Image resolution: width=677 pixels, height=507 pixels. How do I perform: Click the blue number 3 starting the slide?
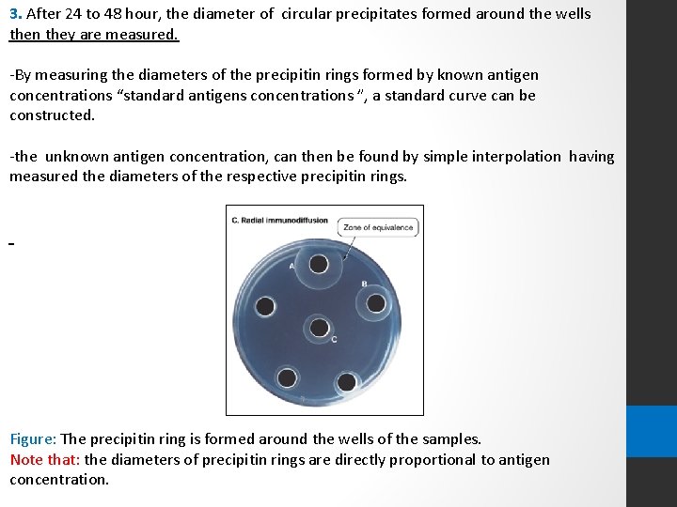coord(14,14)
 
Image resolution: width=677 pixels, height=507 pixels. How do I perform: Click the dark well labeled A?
coord(319,264)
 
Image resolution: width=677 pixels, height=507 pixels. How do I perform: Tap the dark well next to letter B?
coord(375,302)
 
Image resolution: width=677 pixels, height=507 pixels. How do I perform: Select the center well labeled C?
coord(320,328)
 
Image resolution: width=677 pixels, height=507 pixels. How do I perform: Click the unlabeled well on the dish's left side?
coord(265,306)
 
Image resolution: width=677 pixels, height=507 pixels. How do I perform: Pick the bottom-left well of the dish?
coord(287,377)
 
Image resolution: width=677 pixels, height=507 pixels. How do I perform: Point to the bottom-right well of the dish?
coord(346,381)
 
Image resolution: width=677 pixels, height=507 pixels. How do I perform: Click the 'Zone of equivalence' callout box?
coord(378,227)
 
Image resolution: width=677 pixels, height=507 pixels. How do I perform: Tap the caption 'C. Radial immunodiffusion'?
coord(279,221)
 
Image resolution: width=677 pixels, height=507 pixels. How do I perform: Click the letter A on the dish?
coord(291,266)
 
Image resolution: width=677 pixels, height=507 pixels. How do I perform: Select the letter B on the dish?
coord(364,284)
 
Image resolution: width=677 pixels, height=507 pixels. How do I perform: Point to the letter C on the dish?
coord(334,339)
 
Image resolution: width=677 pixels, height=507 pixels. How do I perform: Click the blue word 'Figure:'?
coord(33,438)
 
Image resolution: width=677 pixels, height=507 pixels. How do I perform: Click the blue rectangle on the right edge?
coord(651,431)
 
